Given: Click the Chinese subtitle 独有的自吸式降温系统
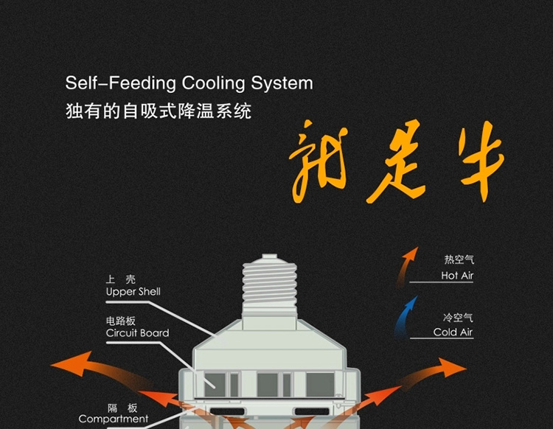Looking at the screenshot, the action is [158, 112].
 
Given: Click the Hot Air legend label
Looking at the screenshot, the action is [457, 276].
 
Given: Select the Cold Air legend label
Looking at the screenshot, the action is [453, 332].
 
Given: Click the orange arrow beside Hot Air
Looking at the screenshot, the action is [404, 266].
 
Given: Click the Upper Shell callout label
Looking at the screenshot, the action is [133, 291].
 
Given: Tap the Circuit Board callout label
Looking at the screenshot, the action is [137, 332].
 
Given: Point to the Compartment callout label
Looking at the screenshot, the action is [114, 419].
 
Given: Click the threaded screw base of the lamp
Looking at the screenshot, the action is [270, 292].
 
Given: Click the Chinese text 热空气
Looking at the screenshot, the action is [458, 260].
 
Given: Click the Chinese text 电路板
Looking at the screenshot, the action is [121, 321].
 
